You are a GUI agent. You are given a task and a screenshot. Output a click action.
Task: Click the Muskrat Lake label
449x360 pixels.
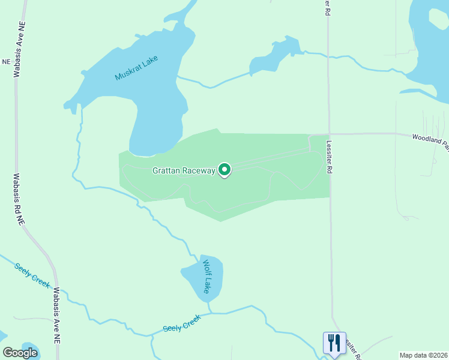tap(136, 69)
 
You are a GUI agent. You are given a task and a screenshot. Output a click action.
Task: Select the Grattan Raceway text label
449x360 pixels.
tap(184, 170)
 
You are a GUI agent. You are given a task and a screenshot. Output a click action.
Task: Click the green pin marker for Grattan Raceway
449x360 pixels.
tap(224, 170)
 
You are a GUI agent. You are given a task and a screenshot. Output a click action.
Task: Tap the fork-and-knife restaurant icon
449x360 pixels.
tap(334, 343)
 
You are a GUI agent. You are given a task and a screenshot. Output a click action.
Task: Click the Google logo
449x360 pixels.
tap(20, 352)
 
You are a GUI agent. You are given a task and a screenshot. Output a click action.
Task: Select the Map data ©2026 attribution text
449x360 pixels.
tap(423, 355)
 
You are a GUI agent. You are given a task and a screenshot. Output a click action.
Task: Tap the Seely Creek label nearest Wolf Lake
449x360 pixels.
tap(181, 325)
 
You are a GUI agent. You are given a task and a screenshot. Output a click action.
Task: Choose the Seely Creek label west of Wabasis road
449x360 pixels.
tap(32, 274)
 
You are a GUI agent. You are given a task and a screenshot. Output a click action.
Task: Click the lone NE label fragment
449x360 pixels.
tap(7, 62)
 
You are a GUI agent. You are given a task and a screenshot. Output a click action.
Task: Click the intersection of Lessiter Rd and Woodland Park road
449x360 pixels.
tap(328, 134)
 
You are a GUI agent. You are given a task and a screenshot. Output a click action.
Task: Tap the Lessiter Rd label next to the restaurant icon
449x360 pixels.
tap(352, 347)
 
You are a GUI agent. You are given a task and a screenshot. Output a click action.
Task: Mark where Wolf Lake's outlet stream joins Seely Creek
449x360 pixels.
tap(211, 313)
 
